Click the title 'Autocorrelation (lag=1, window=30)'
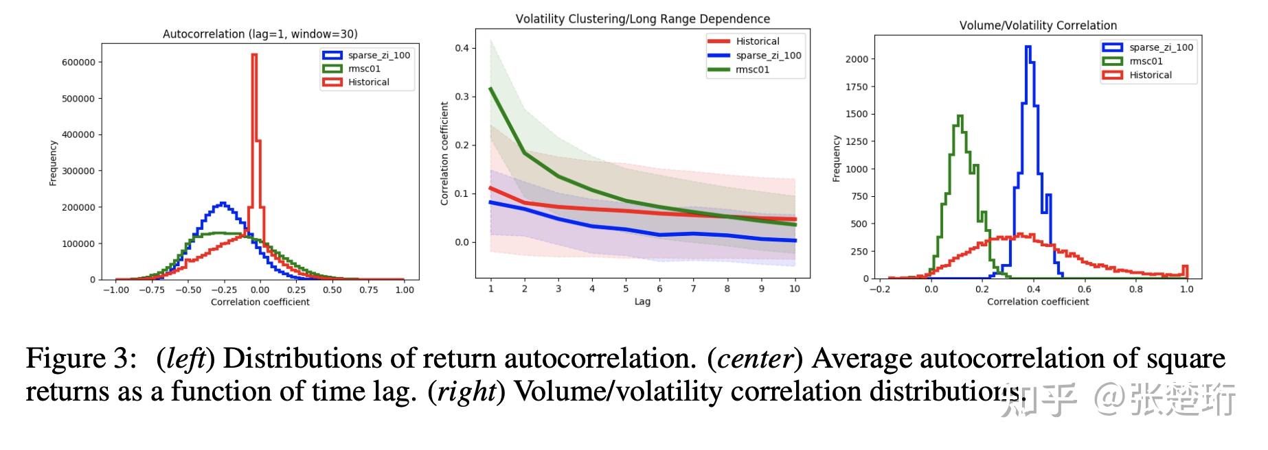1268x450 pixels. point(260,34)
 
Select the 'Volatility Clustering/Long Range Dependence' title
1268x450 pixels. point(642,19)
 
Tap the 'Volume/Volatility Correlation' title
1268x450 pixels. point(1038,25)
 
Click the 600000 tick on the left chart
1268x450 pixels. point(78,62)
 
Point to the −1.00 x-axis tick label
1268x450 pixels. point(115,289)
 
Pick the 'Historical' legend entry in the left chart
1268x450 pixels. point(368,82)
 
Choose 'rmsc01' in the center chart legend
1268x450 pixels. point(752,69)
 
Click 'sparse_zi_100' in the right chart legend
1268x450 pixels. point(1161,47)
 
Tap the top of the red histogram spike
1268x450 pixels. point(254,55)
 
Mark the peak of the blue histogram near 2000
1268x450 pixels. point(1028,47)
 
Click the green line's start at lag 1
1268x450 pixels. point(490,88)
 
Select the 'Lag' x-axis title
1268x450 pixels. point(642,301)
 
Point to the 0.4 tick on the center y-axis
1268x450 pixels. point(462,48)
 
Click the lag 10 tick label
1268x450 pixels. point(795,289)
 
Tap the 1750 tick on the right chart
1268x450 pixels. point(856,86)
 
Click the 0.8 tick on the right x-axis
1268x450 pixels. point(1136,289)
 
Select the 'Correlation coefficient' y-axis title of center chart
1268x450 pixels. point(444,154)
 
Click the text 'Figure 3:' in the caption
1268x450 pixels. point(76,359)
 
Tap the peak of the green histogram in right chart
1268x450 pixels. point(960,116)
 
